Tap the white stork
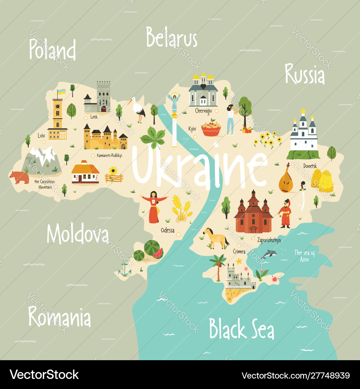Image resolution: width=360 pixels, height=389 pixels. coord(138,108)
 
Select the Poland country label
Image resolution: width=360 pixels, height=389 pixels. coord(53,50)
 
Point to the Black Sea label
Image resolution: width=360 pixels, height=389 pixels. coord(242,329)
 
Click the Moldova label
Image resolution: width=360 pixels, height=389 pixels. coord(77,234)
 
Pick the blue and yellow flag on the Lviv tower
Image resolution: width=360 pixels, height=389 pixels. coord(62,92)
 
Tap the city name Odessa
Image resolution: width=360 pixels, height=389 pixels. coord(167,231)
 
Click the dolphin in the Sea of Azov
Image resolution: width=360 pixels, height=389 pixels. coord(269,254)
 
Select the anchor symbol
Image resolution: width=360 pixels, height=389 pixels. coord(125,269)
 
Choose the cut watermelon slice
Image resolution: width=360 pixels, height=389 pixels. coord(158,254)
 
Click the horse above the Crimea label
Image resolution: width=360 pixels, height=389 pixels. coord(215,238)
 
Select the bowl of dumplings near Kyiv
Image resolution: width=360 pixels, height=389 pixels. coord(211,129)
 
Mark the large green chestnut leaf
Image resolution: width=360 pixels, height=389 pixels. coord(153,138)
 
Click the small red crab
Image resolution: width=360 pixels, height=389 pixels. coord(275,278)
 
